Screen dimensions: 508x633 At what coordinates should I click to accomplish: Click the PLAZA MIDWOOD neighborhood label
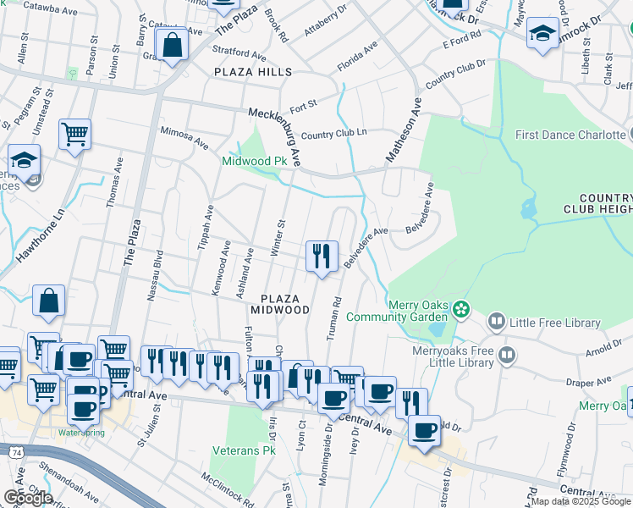click(284, 304)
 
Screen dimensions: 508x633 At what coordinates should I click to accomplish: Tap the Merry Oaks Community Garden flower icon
click(461, 308)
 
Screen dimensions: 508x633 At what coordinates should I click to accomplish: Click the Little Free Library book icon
click(496, 322)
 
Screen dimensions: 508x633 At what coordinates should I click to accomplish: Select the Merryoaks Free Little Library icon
click(507, 354)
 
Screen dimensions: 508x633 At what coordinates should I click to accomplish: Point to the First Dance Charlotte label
click(569, 135)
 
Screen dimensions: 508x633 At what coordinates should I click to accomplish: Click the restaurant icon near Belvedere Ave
click(322, 256)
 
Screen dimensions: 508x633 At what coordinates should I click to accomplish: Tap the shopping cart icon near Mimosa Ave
click(74, 134)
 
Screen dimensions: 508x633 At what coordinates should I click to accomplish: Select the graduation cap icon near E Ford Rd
click(542, 35)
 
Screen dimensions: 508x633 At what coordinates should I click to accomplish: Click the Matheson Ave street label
click(405, 128)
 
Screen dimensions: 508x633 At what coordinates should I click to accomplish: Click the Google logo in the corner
click(27, 497)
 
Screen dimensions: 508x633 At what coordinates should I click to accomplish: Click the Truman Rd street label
click(333, 317)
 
